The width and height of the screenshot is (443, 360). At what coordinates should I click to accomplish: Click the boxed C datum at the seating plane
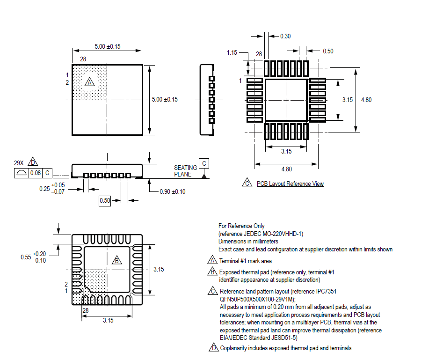coord(204,163)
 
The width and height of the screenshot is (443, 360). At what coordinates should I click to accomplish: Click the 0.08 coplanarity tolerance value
coord(35,173)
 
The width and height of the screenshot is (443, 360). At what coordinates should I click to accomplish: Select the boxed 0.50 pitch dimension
coord(104,201)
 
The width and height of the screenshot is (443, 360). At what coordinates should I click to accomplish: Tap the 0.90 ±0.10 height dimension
coord(172,191)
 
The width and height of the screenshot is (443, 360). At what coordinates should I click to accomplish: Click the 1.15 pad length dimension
coord(232,53)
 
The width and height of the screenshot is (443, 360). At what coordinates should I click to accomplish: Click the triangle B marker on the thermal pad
coord(117,260)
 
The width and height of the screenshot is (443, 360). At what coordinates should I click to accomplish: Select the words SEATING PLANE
coord(186,171)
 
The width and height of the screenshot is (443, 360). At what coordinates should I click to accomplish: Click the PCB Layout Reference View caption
coord(290,184)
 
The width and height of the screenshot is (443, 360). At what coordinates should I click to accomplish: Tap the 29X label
coord(19,163)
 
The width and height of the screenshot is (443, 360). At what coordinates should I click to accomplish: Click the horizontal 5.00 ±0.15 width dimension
coord(108,46)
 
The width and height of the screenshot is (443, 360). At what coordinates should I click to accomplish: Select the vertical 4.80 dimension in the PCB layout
coord(366,100)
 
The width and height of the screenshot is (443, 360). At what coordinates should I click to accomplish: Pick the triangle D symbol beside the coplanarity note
coord(213,348)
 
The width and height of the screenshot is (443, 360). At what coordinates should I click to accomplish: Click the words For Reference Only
coord(241,226)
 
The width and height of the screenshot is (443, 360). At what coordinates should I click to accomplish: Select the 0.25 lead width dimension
coord(45,188)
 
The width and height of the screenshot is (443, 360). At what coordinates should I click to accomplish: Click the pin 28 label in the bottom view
coord(86,310)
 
